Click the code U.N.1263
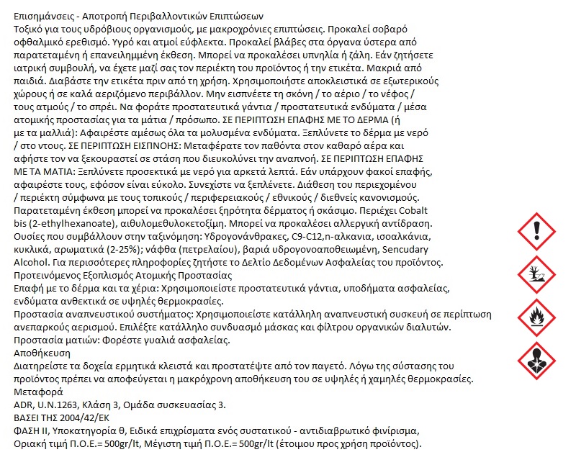coord(61,405)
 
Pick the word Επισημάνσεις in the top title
coord(45,17)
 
